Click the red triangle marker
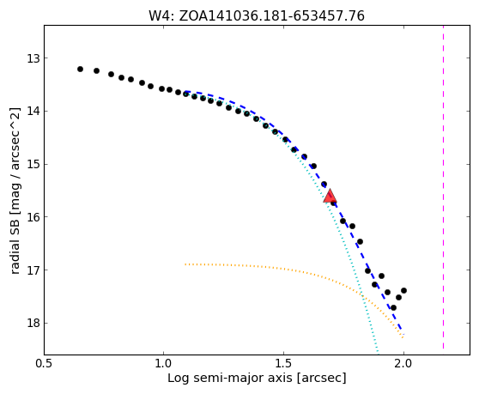coord(330,196)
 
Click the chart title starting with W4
coord(257,16)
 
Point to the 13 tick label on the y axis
coord(33,58)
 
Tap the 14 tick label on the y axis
coord(33,112)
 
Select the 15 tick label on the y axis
coord(33,164)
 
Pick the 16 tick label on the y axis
coord(33,217)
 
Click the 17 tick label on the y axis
coord(33,270)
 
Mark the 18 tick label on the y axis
coord(33,323)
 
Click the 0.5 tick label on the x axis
coord(45,364)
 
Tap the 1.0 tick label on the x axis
coord(164,364)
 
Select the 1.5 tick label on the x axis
coord(284,364)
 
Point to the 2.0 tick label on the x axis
coord(403,364)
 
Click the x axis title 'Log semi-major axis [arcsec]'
coord(257,378)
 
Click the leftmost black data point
coord(80,69)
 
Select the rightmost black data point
coord(403,290)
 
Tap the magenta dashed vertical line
coord(443,187)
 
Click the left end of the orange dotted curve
coord(185,264)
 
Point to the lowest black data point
coord(393,307)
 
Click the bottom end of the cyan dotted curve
coord(379,354)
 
